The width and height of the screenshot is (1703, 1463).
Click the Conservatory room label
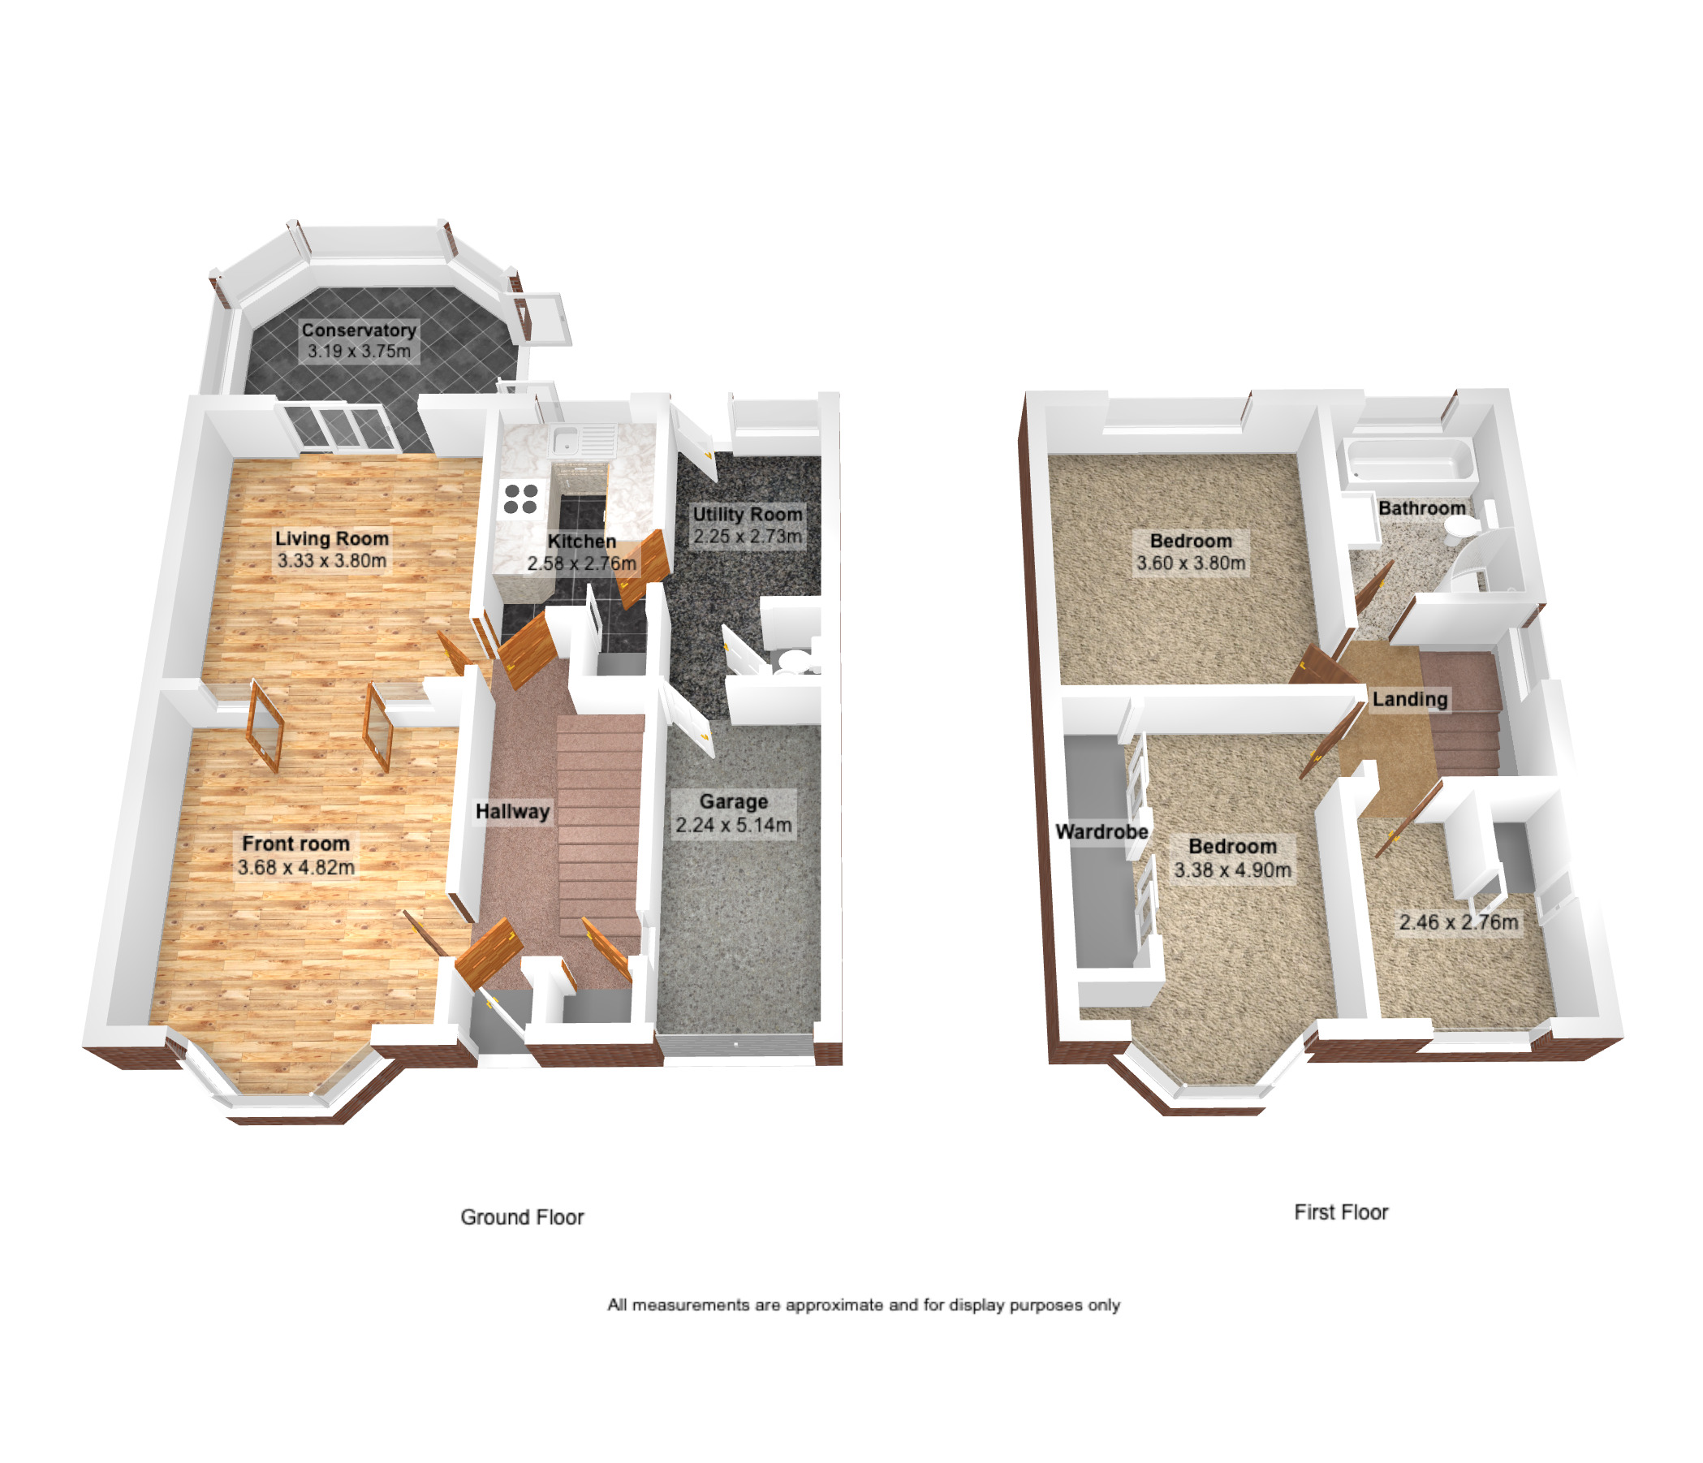pyautogui.click(x=358, y=330)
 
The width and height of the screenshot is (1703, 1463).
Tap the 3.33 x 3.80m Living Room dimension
pyautogui.click(x=331, y=561)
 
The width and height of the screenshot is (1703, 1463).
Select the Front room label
pyautogui.click(x=295, y=844)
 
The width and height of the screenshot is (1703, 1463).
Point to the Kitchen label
pyautogui.click(x=581, y=542)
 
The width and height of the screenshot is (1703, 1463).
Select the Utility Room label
pyautogui.click(x=746, y=515)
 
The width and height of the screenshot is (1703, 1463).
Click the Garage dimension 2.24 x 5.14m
pyautogui.click(x=733, y=825)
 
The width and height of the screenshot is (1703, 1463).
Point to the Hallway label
pyautogui.click(x=512, y=812)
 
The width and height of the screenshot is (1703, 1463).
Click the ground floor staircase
pyautogui.click(x=599, y=822)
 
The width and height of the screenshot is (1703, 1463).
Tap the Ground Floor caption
pyautogui.click(x=522, y=1217)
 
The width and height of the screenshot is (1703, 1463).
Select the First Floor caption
pyautogui.click(x=1340, y=1212)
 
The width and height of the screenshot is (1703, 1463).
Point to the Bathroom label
pyautogui.click(x=1421, y=509)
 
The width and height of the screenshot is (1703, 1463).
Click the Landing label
pyautogui.click(x=1410, y=700)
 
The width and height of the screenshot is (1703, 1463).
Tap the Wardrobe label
pyautogui.click(x=1102, y=832)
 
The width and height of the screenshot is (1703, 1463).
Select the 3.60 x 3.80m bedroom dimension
pyautogui.click(x=1190, y=563)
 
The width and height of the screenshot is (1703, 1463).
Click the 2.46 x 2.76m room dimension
pyautogui.click(x=1458, y=923)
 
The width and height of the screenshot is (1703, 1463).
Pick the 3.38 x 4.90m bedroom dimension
pyautogui.click(x=1232, y=870)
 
